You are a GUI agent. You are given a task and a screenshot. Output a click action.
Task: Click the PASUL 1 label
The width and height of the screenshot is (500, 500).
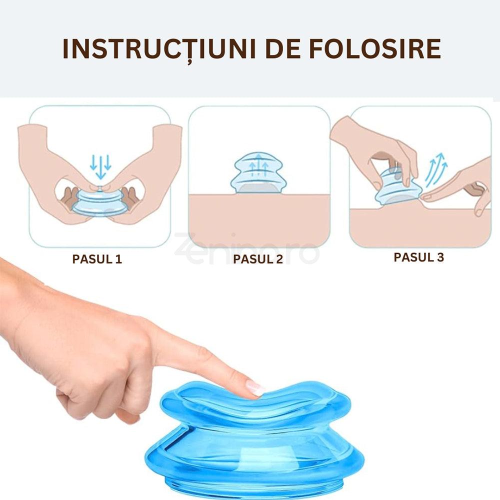[97, 259]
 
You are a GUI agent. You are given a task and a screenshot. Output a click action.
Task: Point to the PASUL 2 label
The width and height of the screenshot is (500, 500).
[258, 259]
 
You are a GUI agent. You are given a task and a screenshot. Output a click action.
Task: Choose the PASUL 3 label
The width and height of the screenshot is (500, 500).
[419, 257]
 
